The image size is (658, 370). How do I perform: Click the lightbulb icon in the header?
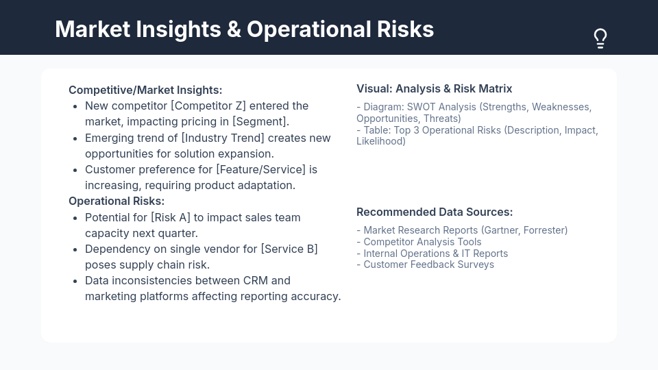600,38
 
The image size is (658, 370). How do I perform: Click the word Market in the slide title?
92,29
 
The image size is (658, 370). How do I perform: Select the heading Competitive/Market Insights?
145,90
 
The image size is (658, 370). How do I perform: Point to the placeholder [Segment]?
260,121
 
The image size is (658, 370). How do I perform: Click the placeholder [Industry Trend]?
223,138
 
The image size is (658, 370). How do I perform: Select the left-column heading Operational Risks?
117,201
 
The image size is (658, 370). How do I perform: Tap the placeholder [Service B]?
289,249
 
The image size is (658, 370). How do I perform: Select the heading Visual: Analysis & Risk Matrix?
434,88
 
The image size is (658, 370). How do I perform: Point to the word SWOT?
422,107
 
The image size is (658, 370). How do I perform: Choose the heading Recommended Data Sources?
434,212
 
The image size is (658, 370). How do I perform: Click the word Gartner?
501,230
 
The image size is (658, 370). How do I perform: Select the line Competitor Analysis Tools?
422,242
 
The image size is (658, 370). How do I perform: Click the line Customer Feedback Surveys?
428,264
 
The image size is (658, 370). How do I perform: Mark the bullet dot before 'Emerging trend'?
75,138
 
